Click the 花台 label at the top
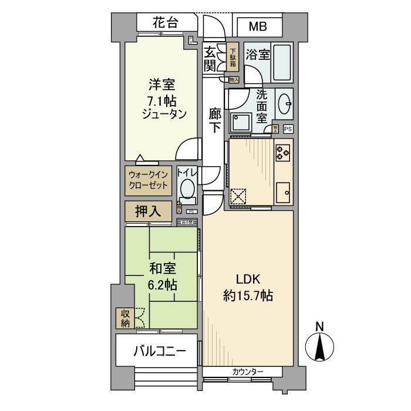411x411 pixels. [x=165, y=24]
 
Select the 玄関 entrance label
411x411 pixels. [x=210, y=58]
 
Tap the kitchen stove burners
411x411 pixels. [x=282, y=153]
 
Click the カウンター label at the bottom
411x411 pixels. [x=247, y=371]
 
